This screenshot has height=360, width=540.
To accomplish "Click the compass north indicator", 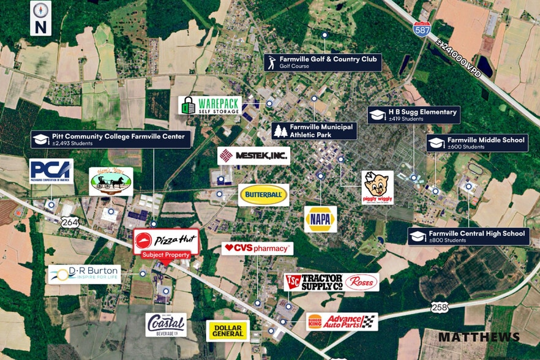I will pyautogui.click(x=40, y=18).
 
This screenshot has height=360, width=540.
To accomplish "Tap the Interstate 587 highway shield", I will pyautogui.click(x=422, y=29).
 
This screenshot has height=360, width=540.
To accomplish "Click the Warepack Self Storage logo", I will pyautogui.click(x=210, y=105).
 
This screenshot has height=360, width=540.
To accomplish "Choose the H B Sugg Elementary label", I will pyautogui.click(x=414, y=115).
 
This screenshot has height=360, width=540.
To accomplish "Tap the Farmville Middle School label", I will pyautogui.click(x=476, y=143).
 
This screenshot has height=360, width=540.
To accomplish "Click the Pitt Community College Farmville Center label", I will pyautogui.click(x=111, y=140).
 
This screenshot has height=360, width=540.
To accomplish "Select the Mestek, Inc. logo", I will pyautogui.click(x=253, y=156).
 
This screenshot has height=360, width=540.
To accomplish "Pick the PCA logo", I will pyautogui.click(x=51, y=171).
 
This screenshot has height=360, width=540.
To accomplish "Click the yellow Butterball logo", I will pyautogui.click(x=264, y=195).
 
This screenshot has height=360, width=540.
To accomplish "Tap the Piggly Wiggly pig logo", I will pyautogui.click(x=377, y=187).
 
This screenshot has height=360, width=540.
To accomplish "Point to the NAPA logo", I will pyautogui.click(x=320, y=219).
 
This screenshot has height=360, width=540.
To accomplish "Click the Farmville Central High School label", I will pyautogui.click(x=468, y=236).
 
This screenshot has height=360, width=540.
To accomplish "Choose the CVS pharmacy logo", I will pyautogui.click(x=257, y=248).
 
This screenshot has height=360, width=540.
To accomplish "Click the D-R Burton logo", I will pyautogui.click(x=84, y=274).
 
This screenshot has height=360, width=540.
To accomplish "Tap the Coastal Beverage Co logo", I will pyautogui.click(x=166, y=324).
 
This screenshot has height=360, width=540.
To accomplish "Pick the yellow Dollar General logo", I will pyautogui.click(x=227, y=331).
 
